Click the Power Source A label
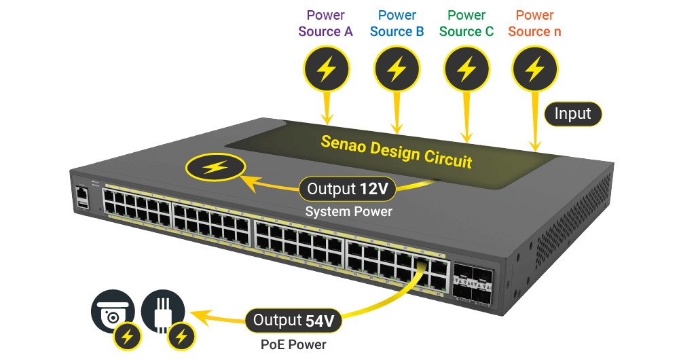click(326, 23)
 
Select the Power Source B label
click(397, 23)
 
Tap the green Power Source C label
click(466, 23)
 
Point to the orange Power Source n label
click(535, 23)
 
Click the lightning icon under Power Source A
click(327, 69)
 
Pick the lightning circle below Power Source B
click(397, 69)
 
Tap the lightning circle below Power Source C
click(466, 69)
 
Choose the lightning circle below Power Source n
click(536, 69)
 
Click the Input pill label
click(573, 113)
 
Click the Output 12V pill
click(347, 189)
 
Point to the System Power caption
click(348, 212)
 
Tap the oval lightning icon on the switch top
click(216, 167)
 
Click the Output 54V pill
click(293, 320)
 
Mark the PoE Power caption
click(294, 344)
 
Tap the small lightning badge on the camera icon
click(127, 335)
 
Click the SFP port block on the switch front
click(472, 283)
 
